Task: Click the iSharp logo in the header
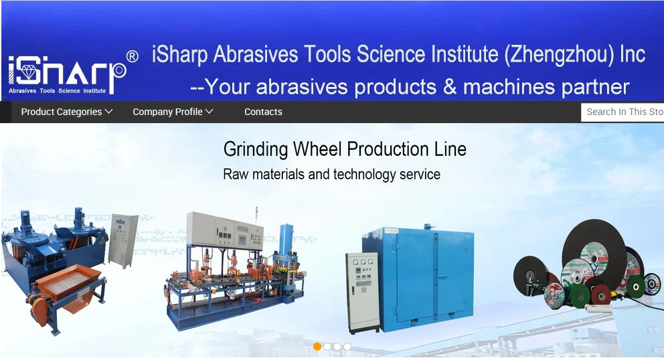pyautogui.click(x=67, y=73)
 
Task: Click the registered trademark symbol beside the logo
pyautogui.click(x=132, y=56)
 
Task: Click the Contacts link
pyautogui.click(x=263, y=112)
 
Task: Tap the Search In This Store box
pyautogui.click(x=623, y=112)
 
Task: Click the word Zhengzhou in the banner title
pyautogui.click(x=559, y=54)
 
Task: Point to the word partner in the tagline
pyautogui.click(x=593, y=86)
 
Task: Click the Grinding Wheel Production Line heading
pyautogui.click(x=345, y=149)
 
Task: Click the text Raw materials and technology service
pyautogui.click(x=331, y=175)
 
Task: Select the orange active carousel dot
pyautogui.click(x=317, y=347)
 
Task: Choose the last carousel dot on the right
pyautogui.click(x=347, y=347)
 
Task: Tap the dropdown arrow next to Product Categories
pyautogui.click(x=109, y=112)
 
